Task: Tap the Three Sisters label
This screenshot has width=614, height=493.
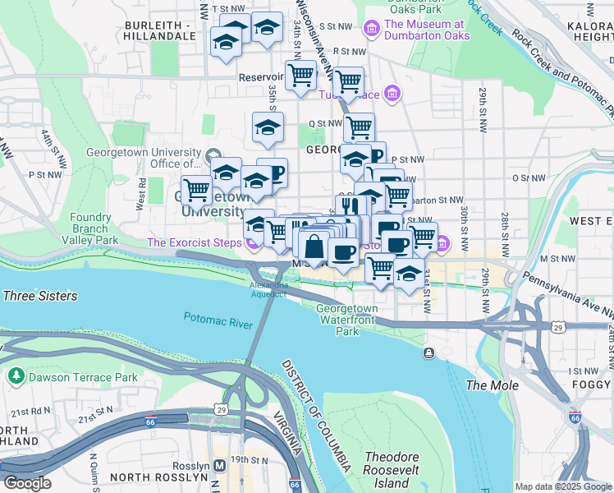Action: pyautogui.click(x=39, y=296)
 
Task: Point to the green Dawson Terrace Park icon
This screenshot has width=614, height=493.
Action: pyautogui.click(x=16, y=376)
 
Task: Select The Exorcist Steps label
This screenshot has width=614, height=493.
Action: pyautogui.click(x=194, y=242)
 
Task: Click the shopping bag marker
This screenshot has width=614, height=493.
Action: pyautogui.click(x=314, y=246)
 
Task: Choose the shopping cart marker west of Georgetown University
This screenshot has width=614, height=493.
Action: pyautogui.click(x=196, y=191)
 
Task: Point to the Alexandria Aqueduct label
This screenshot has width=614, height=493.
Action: pyautogui.click(x=268, y=289)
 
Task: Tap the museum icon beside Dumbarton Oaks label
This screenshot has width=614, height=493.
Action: pyautogui.click(x=372, y=30)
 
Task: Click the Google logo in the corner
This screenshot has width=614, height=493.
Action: pyautogui.click(x=27, y=483)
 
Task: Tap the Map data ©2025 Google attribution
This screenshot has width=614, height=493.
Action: pyautogui.click(x=562, y=486)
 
